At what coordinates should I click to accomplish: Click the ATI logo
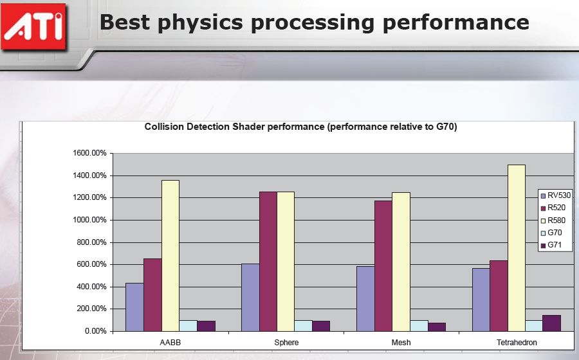(x=33, y=26)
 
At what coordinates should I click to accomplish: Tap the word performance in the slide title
(x=455, y=23)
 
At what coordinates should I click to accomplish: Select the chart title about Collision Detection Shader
(x=300, y=127)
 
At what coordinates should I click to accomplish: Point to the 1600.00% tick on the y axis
(x=89, y=153)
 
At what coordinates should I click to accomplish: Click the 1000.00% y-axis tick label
(x=89, y=220)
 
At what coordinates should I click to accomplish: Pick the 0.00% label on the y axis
(x=96, y=331)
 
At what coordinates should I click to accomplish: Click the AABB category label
(x=170, y=342)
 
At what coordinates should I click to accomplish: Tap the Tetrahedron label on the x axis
(x=517, y=342)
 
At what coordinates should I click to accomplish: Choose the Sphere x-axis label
(x=286, y=342)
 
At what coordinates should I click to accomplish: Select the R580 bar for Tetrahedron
(x=516, y=248)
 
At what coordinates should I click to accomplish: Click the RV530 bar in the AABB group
(x=134, y=307)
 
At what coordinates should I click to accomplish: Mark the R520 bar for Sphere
(x=268, y=262)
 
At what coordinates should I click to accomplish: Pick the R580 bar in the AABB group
(x=170, y=256)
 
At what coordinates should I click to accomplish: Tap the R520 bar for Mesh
(x=383, y=266)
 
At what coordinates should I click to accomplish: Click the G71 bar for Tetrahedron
(x=552, y=323)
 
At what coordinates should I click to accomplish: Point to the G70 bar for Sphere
(x=303, y=326)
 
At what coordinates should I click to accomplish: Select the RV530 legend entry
(x=555, y=195)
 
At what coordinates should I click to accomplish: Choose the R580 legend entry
(x=553, y=221)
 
